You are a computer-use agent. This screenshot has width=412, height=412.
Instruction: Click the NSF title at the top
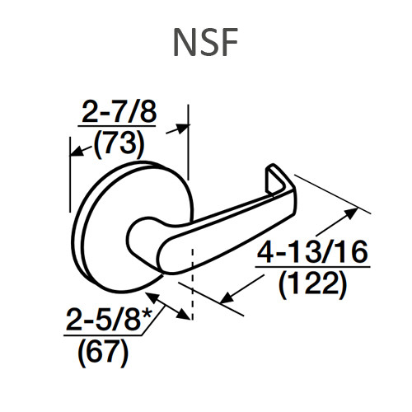click(205, 42)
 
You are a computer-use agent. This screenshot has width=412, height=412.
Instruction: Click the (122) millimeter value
click(310, 284)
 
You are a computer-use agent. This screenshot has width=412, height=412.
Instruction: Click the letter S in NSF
click(205, 42)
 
